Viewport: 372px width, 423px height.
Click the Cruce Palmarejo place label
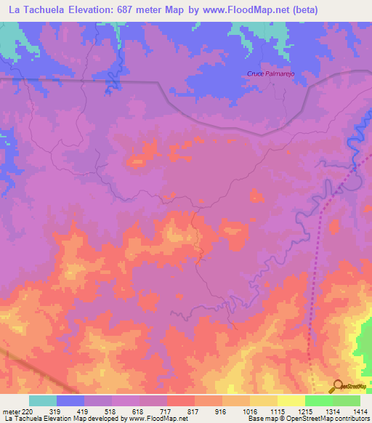coord(269,73)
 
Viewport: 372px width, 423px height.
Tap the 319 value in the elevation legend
coord(52,411)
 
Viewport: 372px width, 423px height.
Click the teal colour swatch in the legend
coord(43,400)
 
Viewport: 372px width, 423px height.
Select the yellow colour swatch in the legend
coord(291,400)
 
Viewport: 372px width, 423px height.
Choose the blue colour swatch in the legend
coord(70,400)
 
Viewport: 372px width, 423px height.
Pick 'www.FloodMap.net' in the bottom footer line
coord(157,419)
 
